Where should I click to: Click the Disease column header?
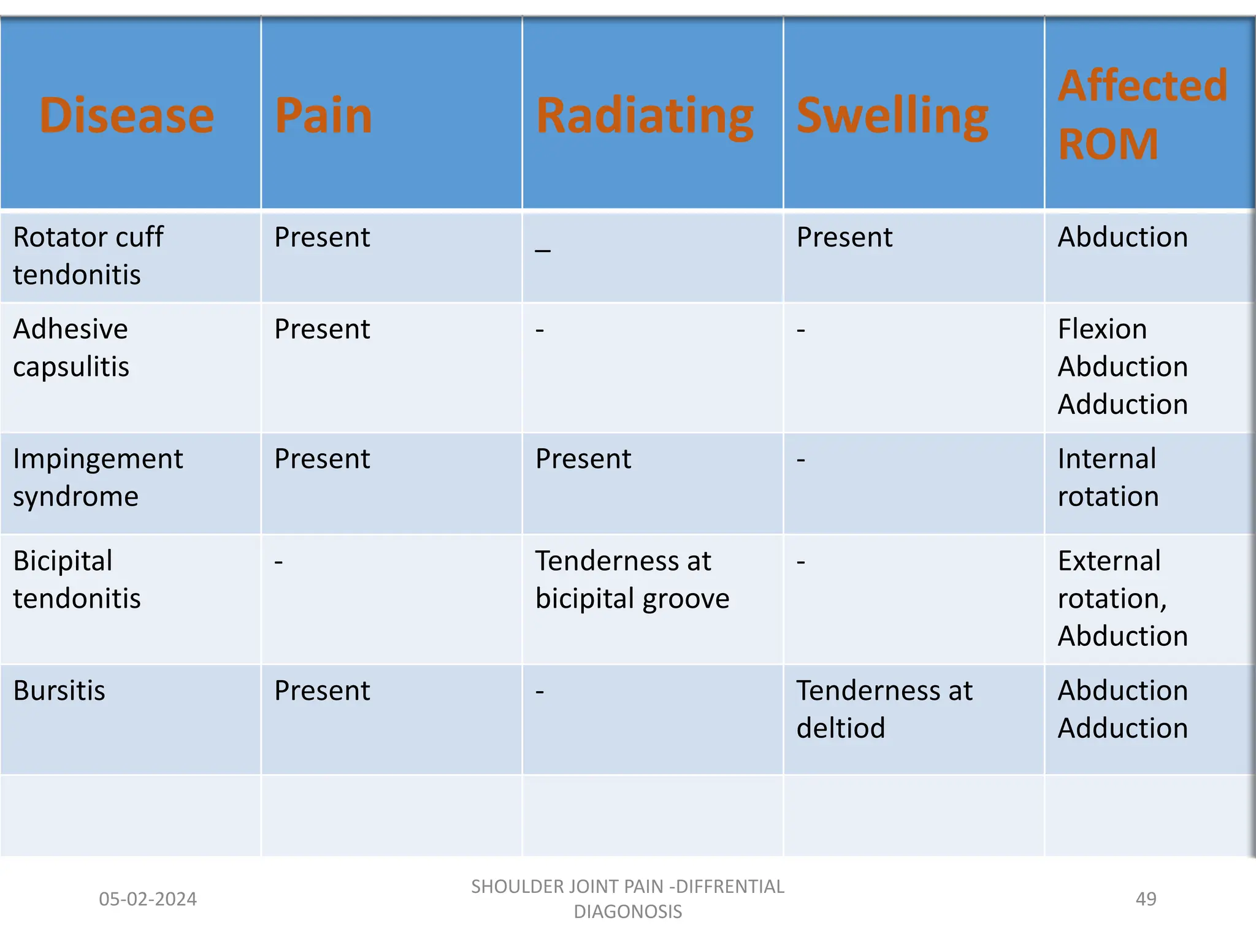[126, 115]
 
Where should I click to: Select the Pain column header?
[323, 115]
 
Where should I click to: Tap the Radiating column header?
[645, 115]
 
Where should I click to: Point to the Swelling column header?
[892, 115]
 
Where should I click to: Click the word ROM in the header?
[1108, 145]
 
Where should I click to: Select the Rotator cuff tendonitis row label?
[88, 255]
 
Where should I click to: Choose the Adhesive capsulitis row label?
[71, 348]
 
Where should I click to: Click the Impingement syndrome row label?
[98, 477]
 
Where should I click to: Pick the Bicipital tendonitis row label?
[77, 580]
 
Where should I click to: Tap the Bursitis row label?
[59, 691]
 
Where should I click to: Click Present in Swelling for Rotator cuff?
[844, 237]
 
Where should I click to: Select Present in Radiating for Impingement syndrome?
[583, 459]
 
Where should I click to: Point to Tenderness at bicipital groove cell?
[632, 580]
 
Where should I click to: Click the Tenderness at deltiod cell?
[884, 709]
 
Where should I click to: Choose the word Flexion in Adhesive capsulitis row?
[1102, 329]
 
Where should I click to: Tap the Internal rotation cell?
[1108, 477]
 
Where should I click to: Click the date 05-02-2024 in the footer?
[148, 899]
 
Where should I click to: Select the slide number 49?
[1146, 899]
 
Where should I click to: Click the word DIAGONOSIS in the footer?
[627, 912]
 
